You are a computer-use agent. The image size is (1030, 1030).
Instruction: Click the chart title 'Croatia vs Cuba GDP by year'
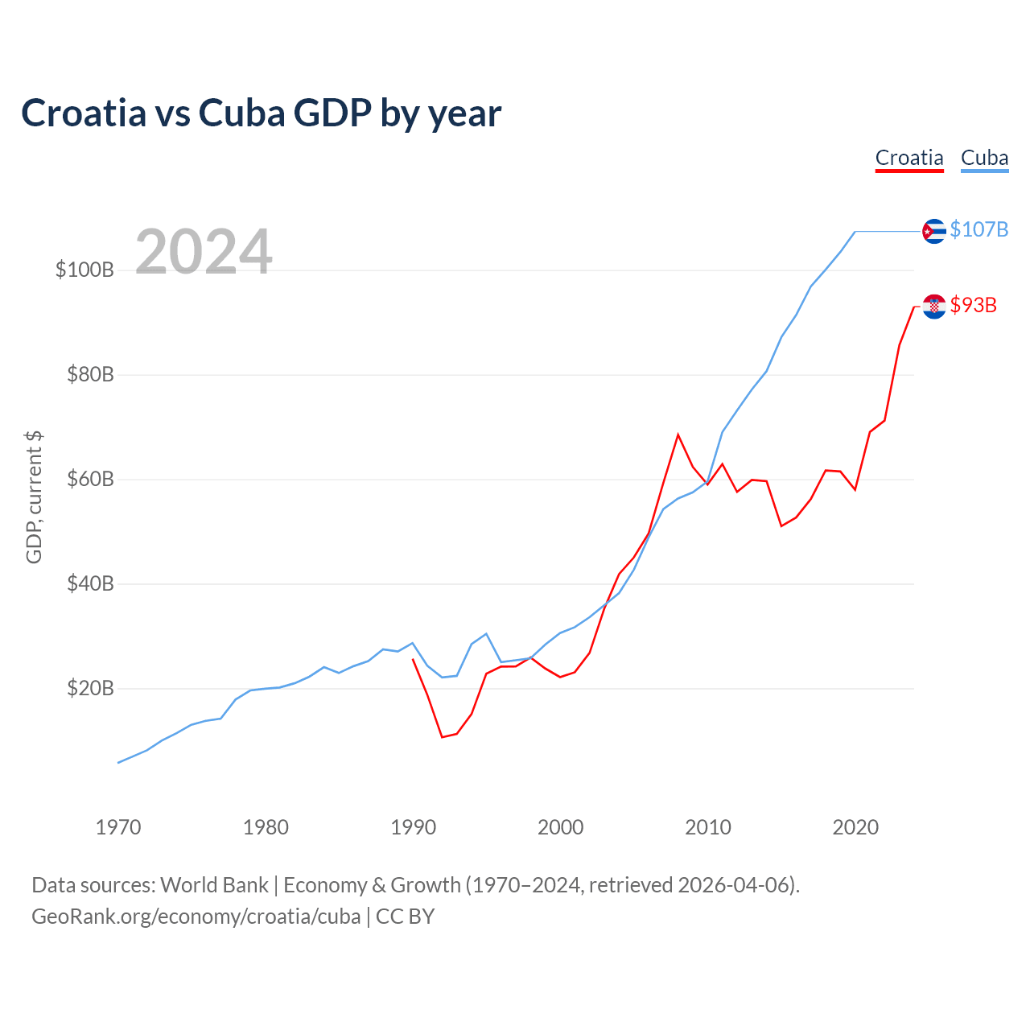tap(261, 113)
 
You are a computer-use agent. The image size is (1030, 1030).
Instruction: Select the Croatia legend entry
tap(909, 158)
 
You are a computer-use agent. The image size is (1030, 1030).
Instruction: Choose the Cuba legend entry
tap(984, 158)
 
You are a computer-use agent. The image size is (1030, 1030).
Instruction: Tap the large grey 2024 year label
tap(204, 252)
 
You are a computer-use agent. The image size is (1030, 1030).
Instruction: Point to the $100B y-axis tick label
tap(84, 270)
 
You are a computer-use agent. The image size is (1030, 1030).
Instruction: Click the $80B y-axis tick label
tap(90, 374)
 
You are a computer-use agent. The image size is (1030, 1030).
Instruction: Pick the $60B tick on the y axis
tap(90, 479)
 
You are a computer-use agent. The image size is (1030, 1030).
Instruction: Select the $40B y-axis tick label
tap(90, 583)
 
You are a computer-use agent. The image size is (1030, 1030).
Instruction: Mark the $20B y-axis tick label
tap(90, 688)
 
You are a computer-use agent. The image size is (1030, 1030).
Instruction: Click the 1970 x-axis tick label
tap(118, 827)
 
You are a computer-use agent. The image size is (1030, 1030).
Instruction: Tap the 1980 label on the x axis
tap(266, 827)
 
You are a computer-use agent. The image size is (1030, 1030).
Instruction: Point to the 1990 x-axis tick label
tap(413, 827)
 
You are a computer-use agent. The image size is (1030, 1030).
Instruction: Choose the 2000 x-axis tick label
tap(561, 827)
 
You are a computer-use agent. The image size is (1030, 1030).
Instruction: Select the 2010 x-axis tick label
tap(708, 827)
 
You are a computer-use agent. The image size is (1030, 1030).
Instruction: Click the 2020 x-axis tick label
tap(855, 827)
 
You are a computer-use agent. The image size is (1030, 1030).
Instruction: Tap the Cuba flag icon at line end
tap(933, 231)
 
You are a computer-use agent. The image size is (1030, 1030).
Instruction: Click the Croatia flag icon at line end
tap(933, 306)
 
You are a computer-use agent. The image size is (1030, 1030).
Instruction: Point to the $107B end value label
tap(978, 229)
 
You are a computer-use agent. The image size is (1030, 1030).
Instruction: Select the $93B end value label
tap(973, 305)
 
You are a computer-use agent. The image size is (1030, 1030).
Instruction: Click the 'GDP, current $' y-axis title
tap(34, 497)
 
